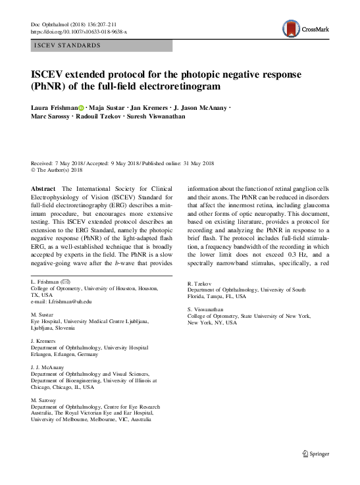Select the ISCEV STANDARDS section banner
click(x=101, y=45)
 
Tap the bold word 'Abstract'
click(x=43, y=188)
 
